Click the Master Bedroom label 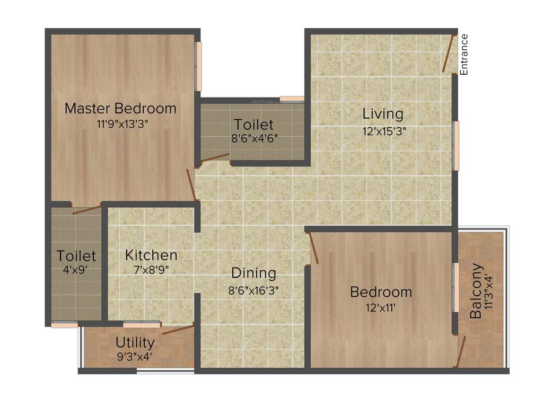click(x=120, y=109)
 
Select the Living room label click(x=383, y=113)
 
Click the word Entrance click(x=464, y=54)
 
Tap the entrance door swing click(x=449, y=54)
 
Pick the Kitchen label click(x=151, y=255)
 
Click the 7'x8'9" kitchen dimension click(x=151, y=269)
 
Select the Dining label click(x=254, y=273)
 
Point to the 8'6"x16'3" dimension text click(x=254, y=290)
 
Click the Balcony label click(x=476, y=291)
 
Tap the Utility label click(x=135, y=342)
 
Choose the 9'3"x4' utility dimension click(x=135, y=356)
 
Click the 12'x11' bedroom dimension click(x=381, y=307)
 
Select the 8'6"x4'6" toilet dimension click(x=254, y=140)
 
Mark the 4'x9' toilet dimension click(x=76, y=269)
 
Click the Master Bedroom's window click(x=199, y=66)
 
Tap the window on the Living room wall click(x=456, y=145)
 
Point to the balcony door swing click(x=461, y=350)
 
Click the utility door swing click(x=178, y=329)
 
